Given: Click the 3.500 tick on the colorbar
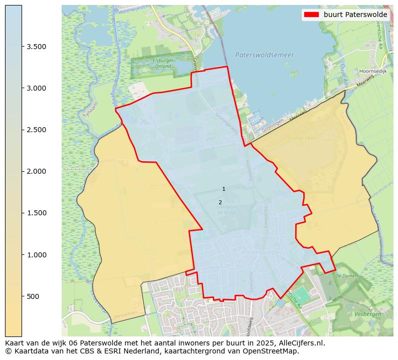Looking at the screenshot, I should click(x=37, y=47).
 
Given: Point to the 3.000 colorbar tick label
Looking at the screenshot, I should click(x=37, y=88).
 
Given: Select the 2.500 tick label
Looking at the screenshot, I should click(x=37, y=130).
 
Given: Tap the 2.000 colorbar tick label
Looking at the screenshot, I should click(x=37, y=171).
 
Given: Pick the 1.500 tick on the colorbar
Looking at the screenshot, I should click(x=37, y=213).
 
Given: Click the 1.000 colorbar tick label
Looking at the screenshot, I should click(x=37, y=255).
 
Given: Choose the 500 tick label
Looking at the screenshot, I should click(x=33, y=296).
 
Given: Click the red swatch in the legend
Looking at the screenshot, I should click(x=311, y=15).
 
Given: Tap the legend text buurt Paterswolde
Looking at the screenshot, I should click(x=355, y=15).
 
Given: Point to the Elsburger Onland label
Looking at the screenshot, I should click(x=163, y=63).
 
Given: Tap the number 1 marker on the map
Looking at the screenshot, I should click(x=224, y=189).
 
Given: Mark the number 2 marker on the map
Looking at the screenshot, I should click(x=220, y=202).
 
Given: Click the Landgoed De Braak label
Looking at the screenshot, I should click(x=227, y=209).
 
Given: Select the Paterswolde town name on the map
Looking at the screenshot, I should click(x=260, y=252).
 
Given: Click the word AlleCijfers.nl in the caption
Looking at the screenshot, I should click(x=300, y=343).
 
